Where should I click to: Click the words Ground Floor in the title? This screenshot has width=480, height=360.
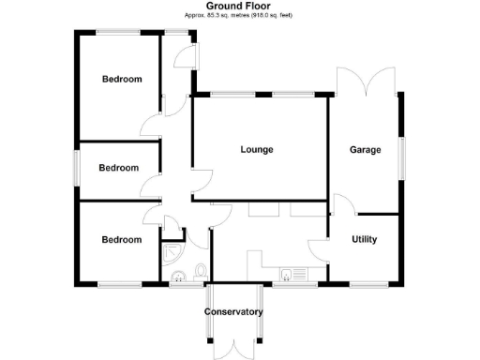point(239,6)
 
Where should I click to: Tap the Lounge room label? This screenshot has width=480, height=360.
point(257,150)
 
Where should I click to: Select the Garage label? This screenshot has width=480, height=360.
point(366,150)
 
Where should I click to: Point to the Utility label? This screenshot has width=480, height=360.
point(365,240)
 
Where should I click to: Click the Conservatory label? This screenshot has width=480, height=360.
point(233,312)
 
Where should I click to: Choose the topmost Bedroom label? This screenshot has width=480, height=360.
point(122,80)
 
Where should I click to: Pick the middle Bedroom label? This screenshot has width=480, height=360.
point(119,169)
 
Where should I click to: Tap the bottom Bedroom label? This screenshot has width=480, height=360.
point(122,240)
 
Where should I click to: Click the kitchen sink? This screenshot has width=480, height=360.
point(293,275)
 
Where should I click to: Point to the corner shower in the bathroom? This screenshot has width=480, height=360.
point(171,253)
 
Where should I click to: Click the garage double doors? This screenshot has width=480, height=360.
point(367,80)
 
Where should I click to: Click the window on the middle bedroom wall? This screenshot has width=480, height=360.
point(78,168)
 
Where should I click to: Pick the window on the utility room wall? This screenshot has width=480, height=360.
point(365,283)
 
